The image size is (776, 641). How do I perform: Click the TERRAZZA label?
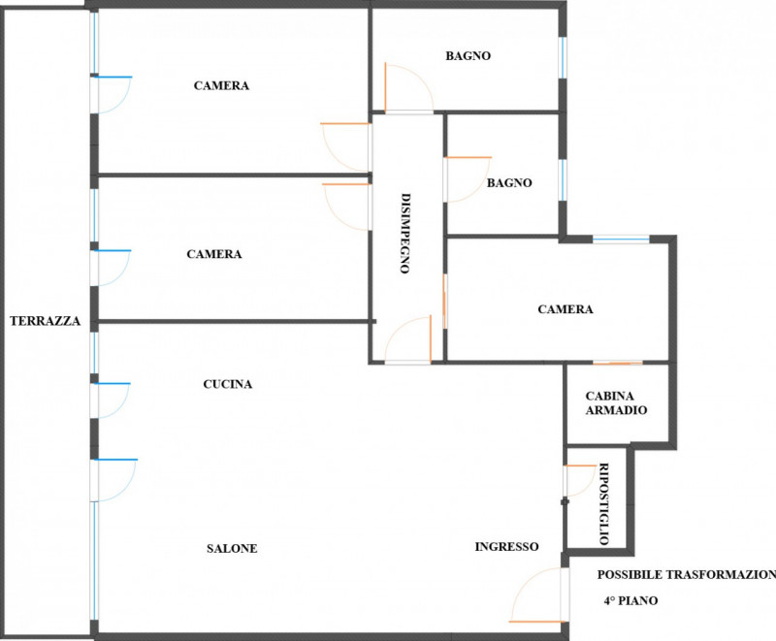pos(45,321)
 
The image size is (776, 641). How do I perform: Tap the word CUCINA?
pos(228,384)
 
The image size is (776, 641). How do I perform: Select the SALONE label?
pos(232,549)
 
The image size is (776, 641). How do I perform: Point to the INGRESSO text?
pos(506,547)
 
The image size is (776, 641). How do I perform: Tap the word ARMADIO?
pos(616,410)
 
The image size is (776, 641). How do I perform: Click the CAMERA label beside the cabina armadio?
pos(566,309)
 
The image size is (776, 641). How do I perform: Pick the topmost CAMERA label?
pos(221,85)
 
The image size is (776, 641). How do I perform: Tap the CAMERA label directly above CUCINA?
pos(214,254)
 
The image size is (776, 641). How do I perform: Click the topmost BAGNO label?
pos(469,56)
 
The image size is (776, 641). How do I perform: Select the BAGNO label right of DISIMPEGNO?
pos(509,182)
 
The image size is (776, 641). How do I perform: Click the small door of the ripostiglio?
pos(579,480)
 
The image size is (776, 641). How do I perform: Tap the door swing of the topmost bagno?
pos(407,89)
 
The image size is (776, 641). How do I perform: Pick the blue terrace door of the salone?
pos(113,479)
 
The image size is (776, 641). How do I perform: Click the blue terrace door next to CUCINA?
pos(111,399)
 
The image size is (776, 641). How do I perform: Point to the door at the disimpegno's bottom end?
pos(408,339)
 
